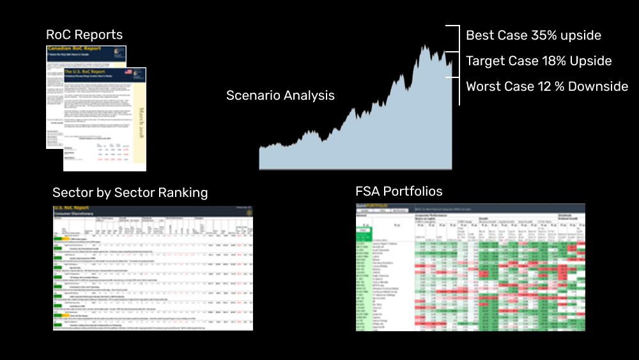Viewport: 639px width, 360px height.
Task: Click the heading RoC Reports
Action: [84, 35]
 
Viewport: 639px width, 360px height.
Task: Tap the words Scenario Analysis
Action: [280, 96]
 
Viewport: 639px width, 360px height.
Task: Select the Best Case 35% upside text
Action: [534, 35]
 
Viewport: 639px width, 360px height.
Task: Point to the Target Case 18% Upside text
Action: [539, 61]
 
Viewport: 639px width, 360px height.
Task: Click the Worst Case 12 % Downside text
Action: [547, 86]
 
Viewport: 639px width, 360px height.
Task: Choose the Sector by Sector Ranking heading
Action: [130, 192]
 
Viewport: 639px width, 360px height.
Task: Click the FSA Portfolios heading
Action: [399, 191]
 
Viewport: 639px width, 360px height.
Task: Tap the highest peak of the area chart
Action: [424, 46]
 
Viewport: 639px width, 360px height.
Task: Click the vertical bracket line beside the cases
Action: [459, 64]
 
